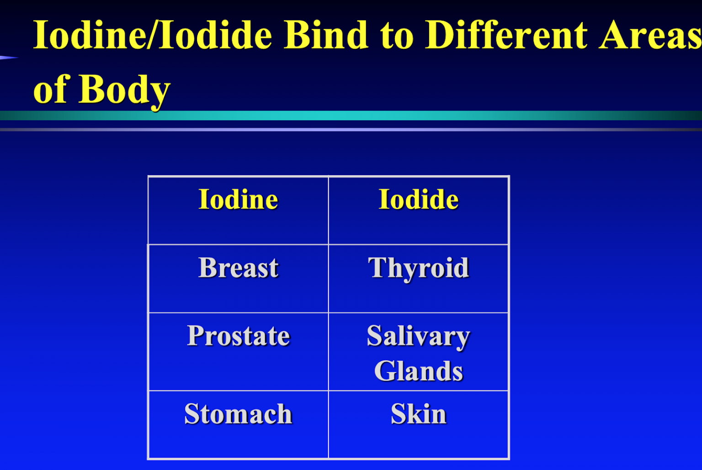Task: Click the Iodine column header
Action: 238,200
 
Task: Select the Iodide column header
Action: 418,200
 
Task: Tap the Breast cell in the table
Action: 238,268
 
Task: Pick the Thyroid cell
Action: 418,268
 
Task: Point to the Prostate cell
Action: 238,336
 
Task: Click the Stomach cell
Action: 238,414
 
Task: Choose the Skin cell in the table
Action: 418,414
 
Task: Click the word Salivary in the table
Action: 418,336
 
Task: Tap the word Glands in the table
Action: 418,371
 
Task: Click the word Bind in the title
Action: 325,35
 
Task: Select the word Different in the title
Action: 506,35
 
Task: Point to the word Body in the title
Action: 124,90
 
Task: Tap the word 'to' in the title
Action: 397,36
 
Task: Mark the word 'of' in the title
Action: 51,89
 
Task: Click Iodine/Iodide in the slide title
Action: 153,35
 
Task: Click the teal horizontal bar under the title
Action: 351,115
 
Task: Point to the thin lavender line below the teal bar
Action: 351,130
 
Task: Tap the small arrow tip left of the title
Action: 8,58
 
